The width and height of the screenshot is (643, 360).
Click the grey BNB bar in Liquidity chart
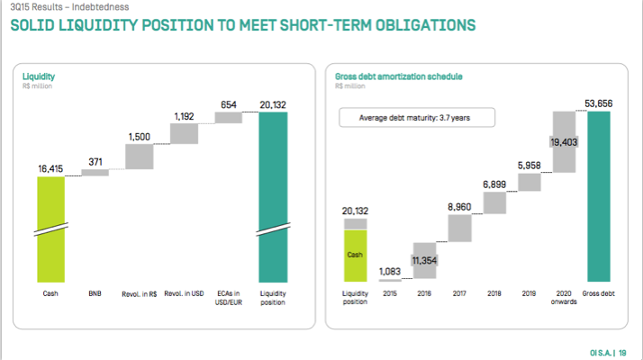(95, 172)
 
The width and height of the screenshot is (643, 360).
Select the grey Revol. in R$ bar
(140, 157)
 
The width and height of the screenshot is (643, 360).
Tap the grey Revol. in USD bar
(184, 132)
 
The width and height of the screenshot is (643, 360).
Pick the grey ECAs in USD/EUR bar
(228, 117)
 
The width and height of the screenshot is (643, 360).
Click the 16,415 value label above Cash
(51, 168)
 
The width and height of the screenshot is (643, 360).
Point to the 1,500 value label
(140, 137)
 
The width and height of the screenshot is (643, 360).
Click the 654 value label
(228, 105)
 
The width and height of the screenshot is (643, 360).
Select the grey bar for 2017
(458, 228)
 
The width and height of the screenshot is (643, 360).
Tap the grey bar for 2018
(494, 202)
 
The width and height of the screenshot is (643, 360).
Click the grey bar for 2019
(530, 182)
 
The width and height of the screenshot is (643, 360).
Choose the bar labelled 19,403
(564, 142)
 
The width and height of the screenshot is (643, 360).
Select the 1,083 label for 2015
(389, 271)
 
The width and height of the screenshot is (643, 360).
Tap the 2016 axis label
(424, 293)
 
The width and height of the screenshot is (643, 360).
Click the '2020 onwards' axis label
(565, 298)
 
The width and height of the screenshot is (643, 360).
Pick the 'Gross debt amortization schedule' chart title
(398, 76)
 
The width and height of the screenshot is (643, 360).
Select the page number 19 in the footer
(623, 353)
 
